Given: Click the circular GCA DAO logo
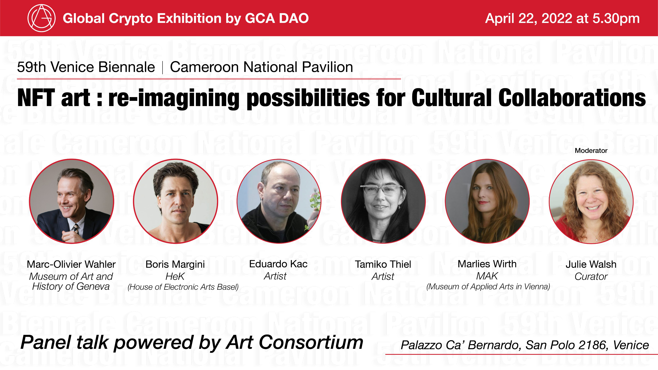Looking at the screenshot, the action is (41, 18).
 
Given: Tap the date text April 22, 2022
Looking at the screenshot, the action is (529, 18).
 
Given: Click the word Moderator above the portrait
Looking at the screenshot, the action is (591, 151).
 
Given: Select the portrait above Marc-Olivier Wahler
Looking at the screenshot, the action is (71, 201).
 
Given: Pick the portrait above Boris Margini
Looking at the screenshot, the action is (175, 201).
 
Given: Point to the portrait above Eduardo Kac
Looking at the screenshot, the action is (279, 201).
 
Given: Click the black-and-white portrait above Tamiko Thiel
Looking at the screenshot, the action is (383, 201).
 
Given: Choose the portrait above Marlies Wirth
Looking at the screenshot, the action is (487, 201).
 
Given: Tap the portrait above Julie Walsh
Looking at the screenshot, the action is (591, 201).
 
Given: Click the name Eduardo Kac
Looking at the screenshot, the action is (278, 264).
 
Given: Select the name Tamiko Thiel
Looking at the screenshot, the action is (383, 264).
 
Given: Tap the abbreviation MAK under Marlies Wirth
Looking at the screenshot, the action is (487, 276).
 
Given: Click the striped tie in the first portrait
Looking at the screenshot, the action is (76, 228).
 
